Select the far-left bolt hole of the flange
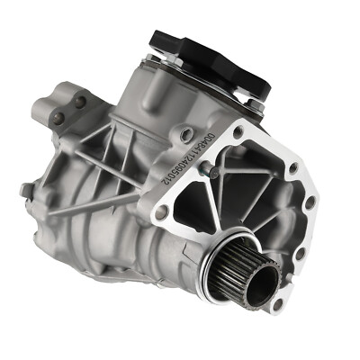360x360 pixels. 161,212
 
